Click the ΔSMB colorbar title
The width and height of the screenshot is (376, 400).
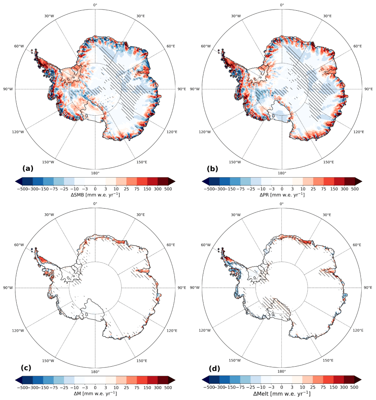(95, 195)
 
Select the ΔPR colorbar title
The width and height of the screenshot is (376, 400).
(282, 195)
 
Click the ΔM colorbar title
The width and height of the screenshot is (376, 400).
(95, 393)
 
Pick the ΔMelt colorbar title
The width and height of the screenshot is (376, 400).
(282, 394)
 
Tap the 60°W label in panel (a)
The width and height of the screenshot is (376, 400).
(19, 46)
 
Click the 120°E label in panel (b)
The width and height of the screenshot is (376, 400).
(358, 132)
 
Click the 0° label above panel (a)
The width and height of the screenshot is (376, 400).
(95, 5)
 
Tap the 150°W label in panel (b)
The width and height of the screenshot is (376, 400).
(235, 162)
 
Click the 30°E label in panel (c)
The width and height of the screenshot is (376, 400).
(141, 215)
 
